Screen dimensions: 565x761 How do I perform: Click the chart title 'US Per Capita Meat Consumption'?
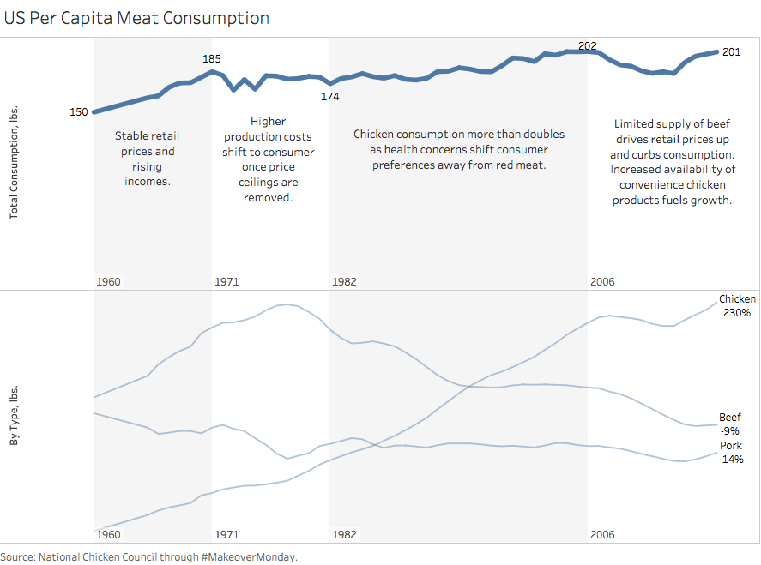[x=136, y=18]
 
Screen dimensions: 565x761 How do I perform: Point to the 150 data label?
[x=79, y=112]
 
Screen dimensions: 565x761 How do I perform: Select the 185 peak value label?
[x=211, y=59]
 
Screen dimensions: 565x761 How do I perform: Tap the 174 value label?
[x=330, y=97]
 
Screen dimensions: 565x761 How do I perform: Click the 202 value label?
[x=588, y=46]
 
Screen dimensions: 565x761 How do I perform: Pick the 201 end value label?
[x=732, y=52]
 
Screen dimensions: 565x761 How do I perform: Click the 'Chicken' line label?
[x=737, y=299]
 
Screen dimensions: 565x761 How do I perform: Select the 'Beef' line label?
[x=730, y=418]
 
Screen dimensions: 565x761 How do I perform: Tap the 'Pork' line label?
[x=730, y=446]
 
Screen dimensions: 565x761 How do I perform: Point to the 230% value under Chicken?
[x=737, y=313]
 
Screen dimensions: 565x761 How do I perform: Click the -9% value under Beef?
[x=730, y=431]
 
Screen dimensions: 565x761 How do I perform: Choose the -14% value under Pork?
[x=731, y=460]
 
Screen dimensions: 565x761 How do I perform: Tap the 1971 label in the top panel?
[x=226, y=281]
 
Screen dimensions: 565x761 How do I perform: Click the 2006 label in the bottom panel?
[x=602, y=534]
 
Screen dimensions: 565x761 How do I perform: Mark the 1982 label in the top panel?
[x=344, y=281]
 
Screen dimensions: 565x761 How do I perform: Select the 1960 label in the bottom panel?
[x=108, y=534]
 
